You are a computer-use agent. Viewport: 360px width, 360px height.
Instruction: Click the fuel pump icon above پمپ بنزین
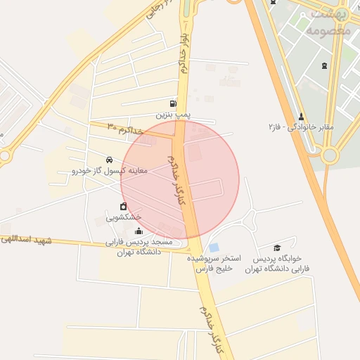(x=173, y=103)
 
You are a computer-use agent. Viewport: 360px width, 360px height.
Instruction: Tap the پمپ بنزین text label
(x=174, y=113)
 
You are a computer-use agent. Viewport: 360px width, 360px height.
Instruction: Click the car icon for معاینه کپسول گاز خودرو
(x=108, y=160)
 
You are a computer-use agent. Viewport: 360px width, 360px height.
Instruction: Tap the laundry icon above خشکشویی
(x=124, y=207)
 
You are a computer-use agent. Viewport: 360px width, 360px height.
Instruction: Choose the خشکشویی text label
(x=124, y=217)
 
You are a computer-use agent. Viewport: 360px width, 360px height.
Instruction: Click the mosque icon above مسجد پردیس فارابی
(x=138, y=231)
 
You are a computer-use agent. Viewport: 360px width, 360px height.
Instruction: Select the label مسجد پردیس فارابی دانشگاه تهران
(x=139, y=246)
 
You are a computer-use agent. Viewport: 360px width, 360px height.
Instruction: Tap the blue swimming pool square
(x=214, y=247)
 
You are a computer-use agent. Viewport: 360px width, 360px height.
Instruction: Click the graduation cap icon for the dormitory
(x=277, y=247)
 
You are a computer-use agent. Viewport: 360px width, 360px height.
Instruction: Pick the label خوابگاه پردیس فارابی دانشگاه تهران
(x=277, y=264)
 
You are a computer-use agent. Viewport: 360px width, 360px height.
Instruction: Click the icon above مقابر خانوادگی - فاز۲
(x=302, y=116)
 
